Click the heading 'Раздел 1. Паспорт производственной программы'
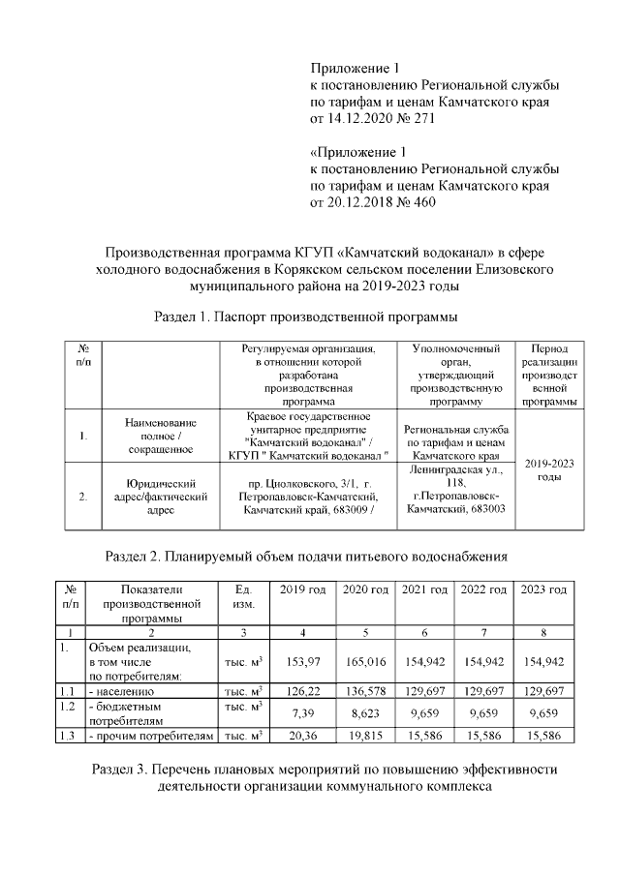tap(306, 317)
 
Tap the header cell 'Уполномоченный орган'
tap(455, 373)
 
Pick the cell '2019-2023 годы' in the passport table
tap(549, 469)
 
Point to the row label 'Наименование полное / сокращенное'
tap(162, 436)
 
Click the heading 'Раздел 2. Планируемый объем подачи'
tap(307, 556)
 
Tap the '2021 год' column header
tap(424, 589)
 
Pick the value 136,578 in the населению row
tap(364, 692)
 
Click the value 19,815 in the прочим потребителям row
tap(364, 736)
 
